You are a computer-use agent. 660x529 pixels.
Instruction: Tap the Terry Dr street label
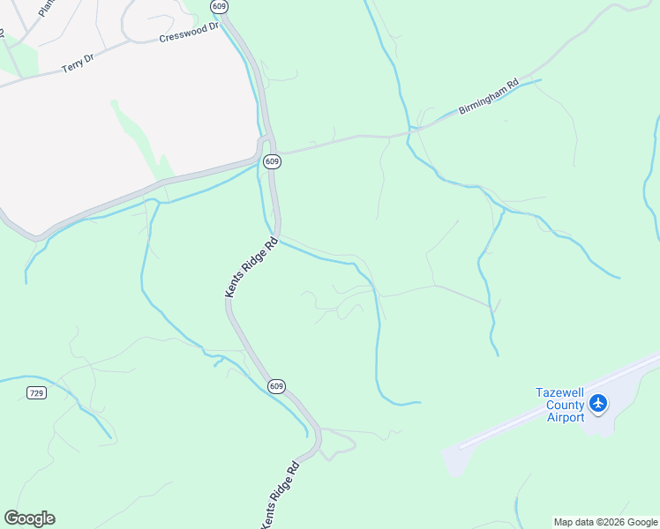point(78,63)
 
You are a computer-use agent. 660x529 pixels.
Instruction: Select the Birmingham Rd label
point(488,98)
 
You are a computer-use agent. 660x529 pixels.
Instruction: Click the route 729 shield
point(36,392)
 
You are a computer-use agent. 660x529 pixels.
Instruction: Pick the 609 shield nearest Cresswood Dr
point(219,6)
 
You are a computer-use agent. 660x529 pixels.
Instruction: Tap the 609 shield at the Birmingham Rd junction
point(272,161)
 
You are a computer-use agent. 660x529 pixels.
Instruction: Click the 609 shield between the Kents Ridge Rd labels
point(276,386)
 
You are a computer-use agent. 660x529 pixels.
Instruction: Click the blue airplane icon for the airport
point(599,403)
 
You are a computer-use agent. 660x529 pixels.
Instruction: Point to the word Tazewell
point(562,392)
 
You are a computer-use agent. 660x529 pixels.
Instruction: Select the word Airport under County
point(565,417)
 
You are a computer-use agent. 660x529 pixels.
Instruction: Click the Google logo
point(29,518)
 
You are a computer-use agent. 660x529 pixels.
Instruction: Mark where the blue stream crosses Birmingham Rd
point(410,130)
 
